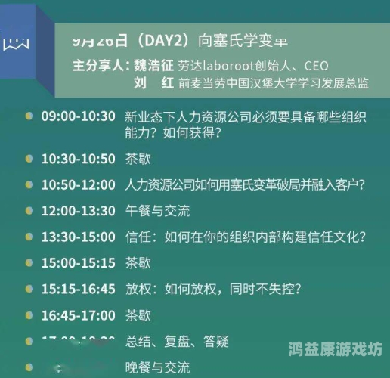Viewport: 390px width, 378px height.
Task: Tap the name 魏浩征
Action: coord(155,65)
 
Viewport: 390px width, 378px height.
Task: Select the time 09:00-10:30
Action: coord(79,116)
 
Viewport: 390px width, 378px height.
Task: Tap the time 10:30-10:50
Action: coord(79,160)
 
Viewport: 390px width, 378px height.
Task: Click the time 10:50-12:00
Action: coord(79,184)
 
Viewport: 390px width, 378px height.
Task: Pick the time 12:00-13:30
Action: coord(79,210)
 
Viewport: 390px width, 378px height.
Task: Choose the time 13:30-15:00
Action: coord(79,237)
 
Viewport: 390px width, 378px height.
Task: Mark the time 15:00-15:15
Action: coord(79,262)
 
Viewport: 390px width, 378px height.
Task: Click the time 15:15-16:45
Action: coord(79,289)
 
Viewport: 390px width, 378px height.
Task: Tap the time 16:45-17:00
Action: coord(79,314)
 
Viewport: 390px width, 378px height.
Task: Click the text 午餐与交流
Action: coord(158,210)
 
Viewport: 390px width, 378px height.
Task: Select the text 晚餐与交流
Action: coord(158,367)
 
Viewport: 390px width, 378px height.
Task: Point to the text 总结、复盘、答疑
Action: coord(176,341)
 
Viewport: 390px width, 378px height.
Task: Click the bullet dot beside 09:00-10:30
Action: coord(29,116)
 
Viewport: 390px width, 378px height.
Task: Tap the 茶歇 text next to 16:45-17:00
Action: coord(138,314)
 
